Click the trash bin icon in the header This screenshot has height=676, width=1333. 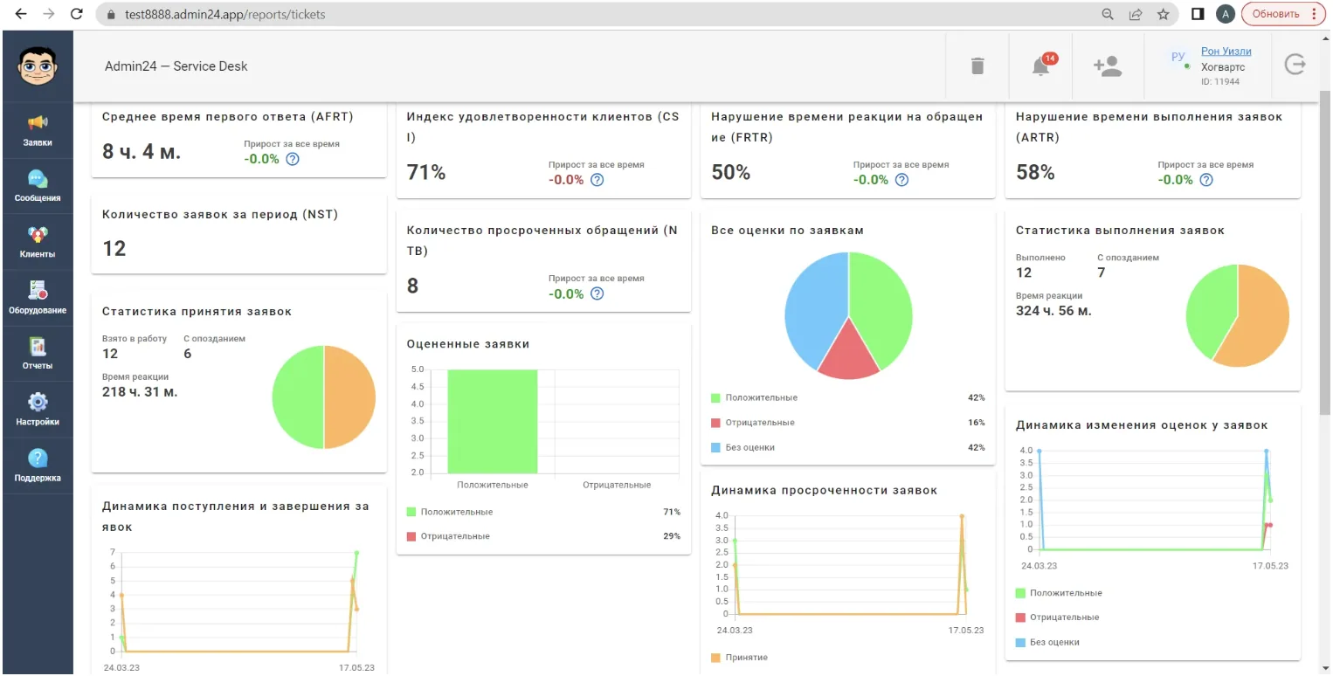tap(977, 66)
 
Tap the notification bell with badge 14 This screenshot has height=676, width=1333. tap(1041, 66)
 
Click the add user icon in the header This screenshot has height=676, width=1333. tap(1108, 66)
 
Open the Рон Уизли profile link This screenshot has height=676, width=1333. tap(1226, 52)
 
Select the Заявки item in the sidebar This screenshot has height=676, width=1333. tap(38, 131)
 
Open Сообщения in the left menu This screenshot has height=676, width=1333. tap(38, 186)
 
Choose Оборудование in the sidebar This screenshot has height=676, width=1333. tap(38, 298)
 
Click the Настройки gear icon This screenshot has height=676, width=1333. tap(38, 403)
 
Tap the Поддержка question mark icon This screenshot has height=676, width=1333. tap(38, 459)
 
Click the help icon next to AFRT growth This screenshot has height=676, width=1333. tap(292, 159)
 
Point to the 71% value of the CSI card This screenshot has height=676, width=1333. tap(426, 173)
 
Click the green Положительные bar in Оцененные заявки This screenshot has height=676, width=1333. tap(492, 421)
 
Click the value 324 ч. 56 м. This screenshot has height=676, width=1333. tap(1053, 311)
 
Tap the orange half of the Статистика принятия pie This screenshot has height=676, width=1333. tap(350, 397)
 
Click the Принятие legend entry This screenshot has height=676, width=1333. tap(739, 658)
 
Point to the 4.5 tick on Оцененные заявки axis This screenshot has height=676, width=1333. tap(418, 387)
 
